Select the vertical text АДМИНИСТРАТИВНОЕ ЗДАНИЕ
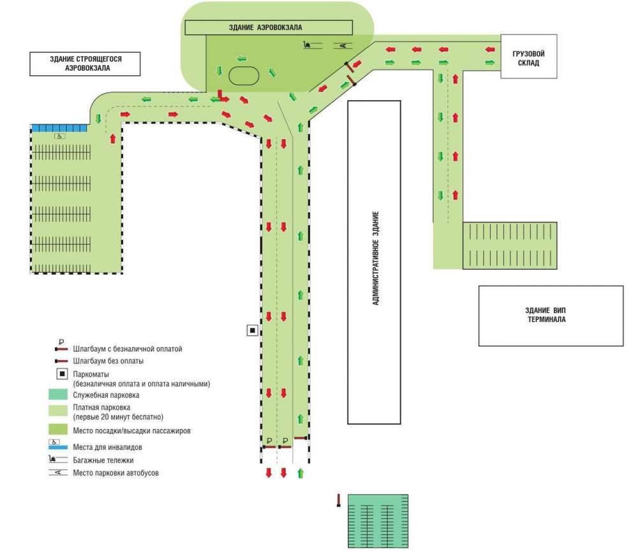point(376,258)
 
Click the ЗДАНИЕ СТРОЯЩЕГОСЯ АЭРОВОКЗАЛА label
point(85,62)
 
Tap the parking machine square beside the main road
point(253,330)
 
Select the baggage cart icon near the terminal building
point(309,45)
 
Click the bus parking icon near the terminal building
point(342,45)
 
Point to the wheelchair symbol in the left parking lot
point(57,136)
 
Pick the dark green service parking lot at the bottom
point(378,521)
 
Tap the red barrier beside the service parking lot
point(339,501)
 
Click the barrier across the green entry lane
point(301,438)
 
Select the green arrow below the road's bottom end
point(300,474)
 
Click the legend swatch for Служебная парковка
point(59,395)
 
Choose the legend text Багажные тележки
point(103,460)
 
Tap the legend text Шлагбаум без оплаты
point(108,361)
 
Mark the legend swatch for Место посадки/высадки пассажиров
point(59,431)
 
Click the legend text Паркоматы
point(92,374)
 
